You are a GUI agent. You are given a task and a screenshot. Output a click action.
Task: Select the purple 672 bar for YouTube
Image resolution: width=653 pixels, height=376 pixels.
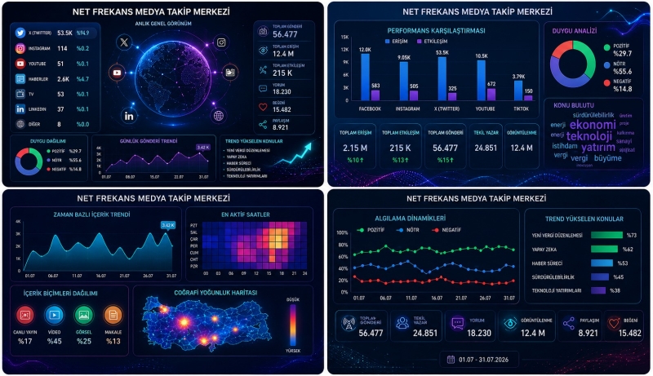click(x=491, y=94)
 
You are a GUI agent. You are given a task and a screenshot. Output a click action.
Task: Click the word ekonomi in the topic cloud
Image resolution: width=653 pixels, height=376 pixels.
click(x=593, y=125)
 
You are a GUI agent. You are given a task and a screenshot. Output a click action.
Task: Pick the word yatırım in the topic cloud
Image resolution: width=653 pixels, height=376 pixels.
click(x=598, y=147)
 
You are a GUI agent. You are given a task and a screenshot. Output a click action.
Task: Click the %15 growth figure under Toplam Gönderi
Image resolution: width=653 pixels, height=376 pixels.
click(x=445, y=160)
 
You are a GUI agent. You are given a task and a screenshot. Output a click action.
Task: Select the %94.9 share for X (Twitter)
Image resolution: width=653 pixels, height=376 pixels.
click(x=83, y=33)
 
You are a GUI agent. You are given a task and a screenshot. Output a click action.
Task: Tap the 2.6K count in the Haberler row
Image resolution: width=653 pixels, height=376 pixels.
click(x=62, y=78)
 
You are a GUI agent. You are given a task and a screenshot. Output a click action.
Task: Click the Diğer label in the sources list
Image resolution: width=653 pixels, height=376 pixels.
click(x=34, y=124)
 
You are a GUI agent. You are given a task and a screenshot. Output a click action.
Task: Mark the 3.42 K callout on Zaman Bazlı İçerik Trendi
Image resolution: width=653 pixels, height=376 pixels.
click(x=167, y=225)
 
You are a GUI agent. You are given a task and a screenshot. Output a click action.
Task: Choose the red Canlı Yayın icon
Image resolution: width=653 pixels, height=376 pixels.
click(x=25, y=313)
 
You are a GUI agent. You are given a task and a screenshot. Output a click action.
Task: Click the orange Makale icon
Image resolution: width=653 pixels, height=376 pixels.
click(x=113, y=313)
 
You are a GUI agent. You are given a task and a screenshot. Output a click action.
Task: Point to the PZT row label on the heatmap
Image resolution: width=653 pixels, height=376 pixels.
click(x=193, y=224)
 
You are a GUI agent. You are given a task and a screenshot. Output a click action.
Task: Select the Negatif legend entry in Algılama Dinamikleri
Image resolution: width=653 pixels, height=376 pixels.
click(x=452, y=231)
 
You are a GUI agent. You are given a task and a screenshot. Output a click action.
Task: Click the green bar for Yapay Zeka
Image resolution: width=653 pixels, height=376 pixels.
click(x=604, y=249)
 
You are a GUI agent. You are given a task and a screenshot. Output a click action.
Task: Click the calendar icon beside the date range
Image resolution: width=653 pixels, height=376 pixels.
click(x=451, y=358)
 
